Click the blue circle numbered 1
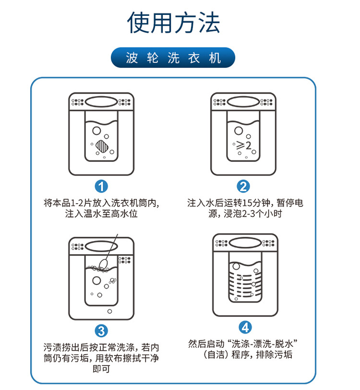pyautogui.click(x=101, y=186)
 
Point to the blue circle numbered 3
pyautogui.click(x=101, y=330)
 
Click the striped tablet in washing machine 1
pyautogui.click(x=101, y=145)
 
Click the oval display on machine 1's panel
pyautogui.click(x=101, y=102)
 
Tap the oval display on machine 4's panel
pyautogui.click(x=245, y=242)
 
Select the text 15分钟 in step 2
pyautogui.click(x=245, y=203)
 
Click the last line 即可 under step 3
pyautogui.click(x=101, y=369)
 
